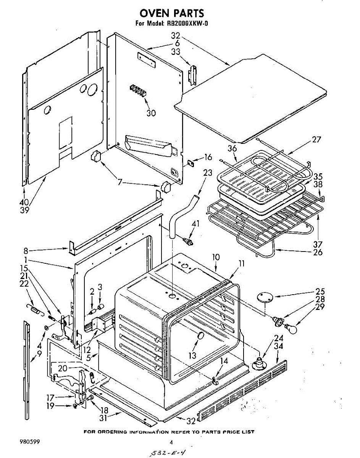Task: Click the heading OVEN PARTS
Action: [x=172, y=13]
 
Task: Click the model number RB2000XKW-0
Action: [x=187, y=23]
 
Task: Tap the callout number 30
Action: [x=151, y=113]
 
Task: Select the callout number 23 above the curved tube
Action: [x=208, y=173]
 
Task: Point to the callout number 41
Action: [x=195, y=223]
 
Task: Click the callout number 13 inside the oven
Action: [x=192, y=355]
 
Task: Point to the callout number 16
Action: [x=208, y=157]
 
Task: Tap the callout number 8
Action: [x=26, y=251]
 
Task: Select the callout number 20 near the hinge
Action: [x=63, y=368]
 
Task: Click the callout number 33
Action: [x=176, y=52]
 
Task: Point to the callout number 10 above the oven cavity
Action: [x=216, y=257]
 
